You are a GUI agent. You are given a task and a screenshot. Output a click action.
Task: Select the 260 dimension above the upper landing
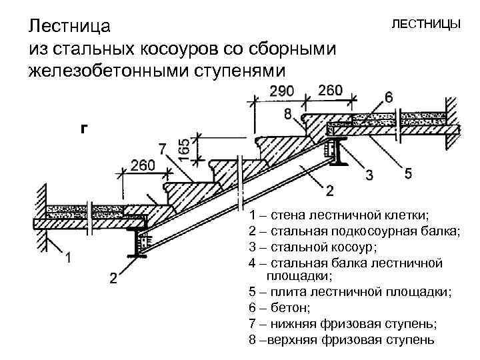pos(331,89)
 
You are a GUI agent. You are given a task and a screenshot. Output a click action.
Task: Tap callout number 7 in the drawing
pos(163,148)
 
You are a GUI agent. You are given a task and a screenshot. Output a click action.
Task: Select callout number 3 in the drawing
pos(368,175)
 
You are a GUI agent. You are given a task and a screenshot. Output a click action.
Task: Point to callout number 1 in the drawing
pos(69,256)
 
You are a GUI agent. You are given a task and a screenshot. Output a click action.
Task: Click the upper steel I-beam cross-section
pos(339,153)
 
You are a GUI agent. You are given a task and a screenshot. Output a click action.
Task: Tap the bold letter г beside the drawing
pos(83,129)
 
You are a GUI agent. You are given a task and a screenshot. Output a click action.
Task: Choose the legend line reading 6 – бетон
pos(279,307)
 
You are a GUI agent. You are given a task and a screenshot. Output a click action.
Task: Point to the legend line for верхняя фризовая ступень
pos(341,339)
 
